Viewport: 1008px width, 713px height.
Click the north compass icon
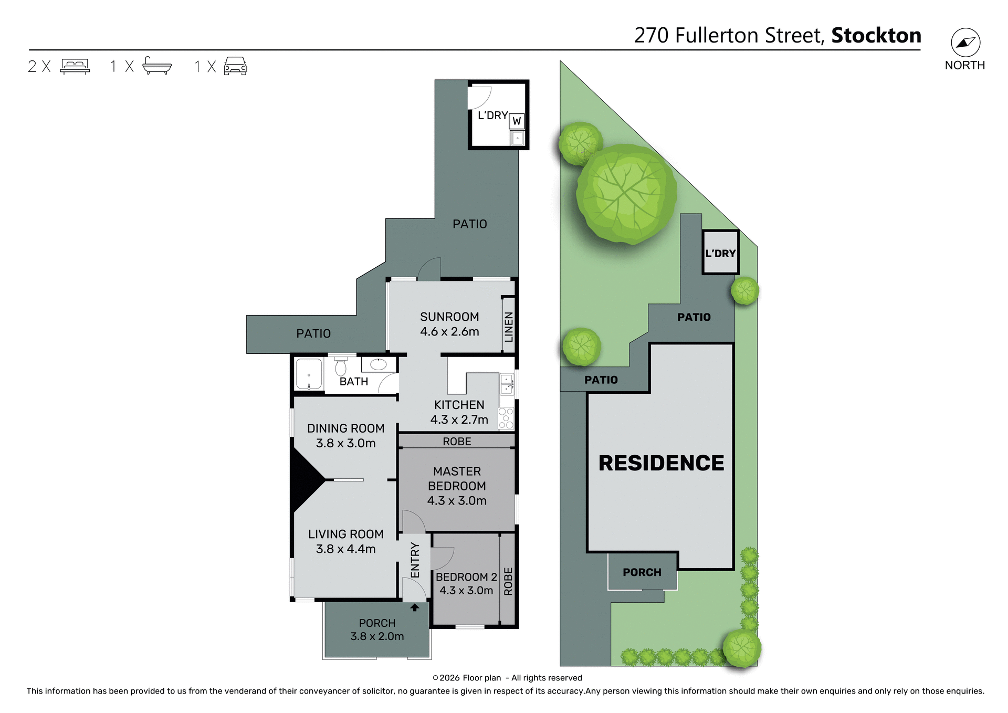click(x=965, y=43)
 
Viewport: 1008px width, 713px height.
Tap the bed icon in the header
click(x=75, y=66)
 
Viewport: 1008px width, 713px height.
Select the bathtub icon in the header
click(x=157, y=66)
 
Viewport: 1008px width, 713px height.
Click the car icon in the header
click(x=235, y=66)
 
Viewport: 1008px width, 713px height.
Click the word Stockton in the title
click(x=876, y=36)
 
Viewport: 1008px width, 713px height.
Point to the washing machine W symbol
click(x=517, y=121)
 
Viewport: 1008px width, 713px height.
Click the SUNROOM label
click(x=449, y=317)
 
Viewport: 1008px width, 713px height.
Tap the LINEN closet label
click(x=508, y=327)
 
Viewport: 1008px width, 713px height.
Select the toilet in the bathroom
click(x=341, y=366)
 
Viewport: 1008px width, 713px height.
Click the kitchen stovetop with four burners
click(x=506, y=418)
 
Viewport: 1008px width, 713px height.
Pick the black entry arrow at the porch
click(x=415, y=607)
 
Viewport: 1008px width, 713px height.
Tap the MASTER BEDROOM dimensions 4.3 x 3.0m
click(x=457, y=501)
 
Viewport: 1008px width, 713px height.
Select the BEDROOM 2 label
click(x=466, y=576)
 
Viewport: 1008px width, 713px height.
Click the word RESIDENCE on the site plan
click(x=661, y=463)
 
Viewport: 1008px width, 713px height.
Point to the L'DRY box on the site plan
click(x=720, y=253)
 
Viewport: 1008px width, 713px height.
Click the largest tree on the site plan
click(x=626, y=193)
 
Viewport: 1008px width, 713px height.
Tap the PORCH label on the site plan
click(x=642, y=572)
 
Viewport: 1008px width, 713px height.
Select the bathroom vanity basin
click(x=378, y=364)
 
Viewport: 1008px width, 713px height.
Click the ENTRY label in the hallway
click(x=415, y=560)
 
